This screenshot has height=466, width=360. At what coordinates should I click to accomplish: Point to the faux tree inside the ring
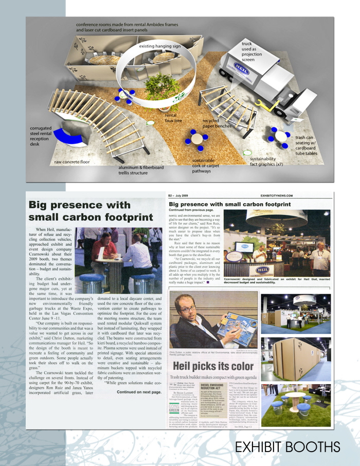click(x=157, y=87)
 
